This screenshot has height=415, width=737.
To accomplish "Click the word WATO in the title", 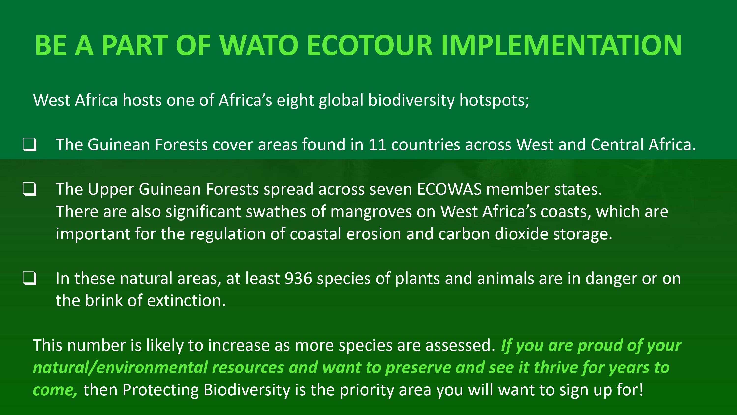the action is coord(259,45).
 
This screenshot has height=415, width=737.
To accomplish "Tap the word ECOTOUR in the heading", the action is coord(369,45).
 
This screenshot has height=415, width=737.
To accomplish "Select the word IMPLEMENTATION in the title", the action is coord(562,45).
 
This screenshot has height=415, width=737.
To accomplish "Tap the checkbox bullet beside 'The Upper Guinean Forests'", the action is coord(29,189).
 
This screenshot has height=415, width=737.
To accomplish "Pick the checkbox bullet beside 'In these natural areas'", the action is coord(29,278).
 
